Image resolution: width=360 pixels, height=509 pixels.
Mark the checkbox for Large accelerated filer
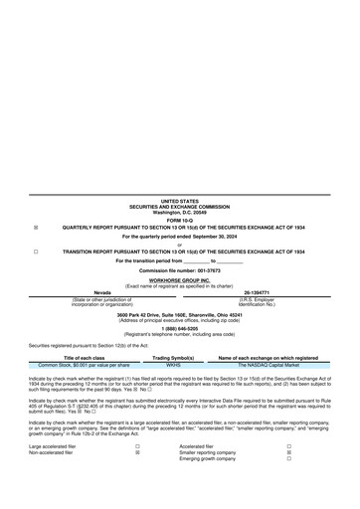[137, 447]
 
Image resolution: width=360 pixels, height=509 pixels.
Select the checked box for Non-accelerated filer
[137, 453]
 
